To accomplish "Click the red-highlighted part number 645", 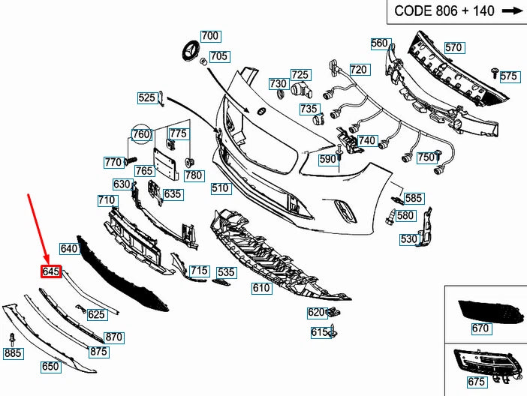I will coord(50,271).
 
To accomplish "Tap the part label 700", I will coord(209,36).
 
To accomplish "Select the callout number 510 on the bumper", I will coord(220,188).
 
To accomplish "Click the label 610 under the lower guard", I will coord(260,288).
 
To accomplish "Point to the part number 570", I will coord(453,47).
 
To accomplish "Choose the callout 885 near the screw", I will coord(13,352).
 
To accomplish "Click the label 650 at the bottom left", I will coord(50,367).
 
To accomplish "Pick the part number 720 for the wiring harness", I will coord(358,70).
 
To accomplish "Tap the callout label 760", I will coord(141,135).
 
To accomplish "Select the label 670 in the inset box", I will coord(480,328).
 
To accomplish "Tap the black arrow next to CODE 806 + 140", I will coord(511,11).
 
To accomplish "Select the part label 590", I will coord(327,159).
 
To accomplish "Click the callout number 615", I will coord(319,331).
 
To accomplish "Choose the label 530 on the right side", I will coord(408,240).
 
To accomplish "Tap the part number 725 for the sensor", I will coord(300,74).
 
